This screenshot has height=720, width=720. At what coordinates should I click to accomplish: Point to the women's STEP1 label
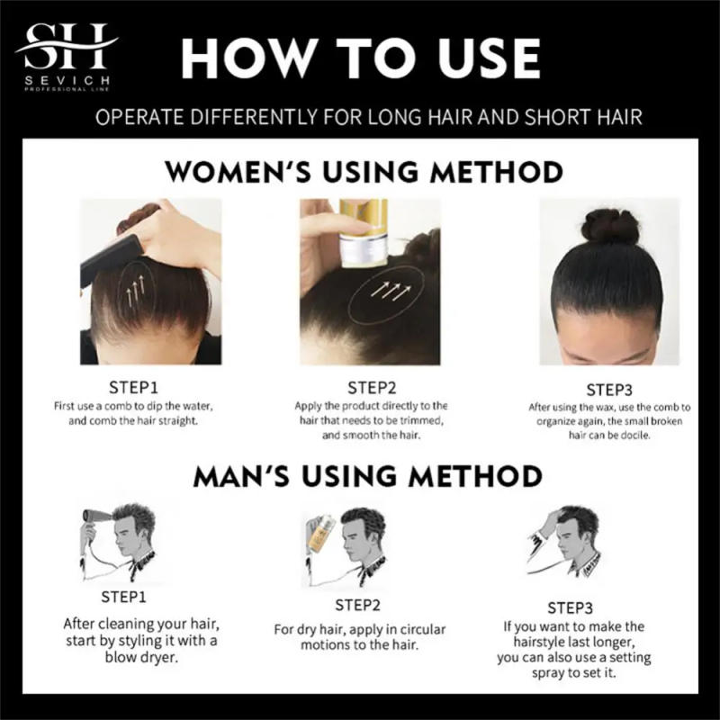point(133,389)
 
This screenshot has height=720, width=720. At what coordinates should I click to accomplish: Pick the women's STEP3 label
point(609,390)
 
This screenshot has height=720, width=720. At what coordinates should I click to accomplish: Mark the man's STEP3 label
point(572,607)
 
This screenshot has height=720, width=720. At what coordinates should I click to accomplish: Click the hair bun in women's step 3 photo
point(607,226)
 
